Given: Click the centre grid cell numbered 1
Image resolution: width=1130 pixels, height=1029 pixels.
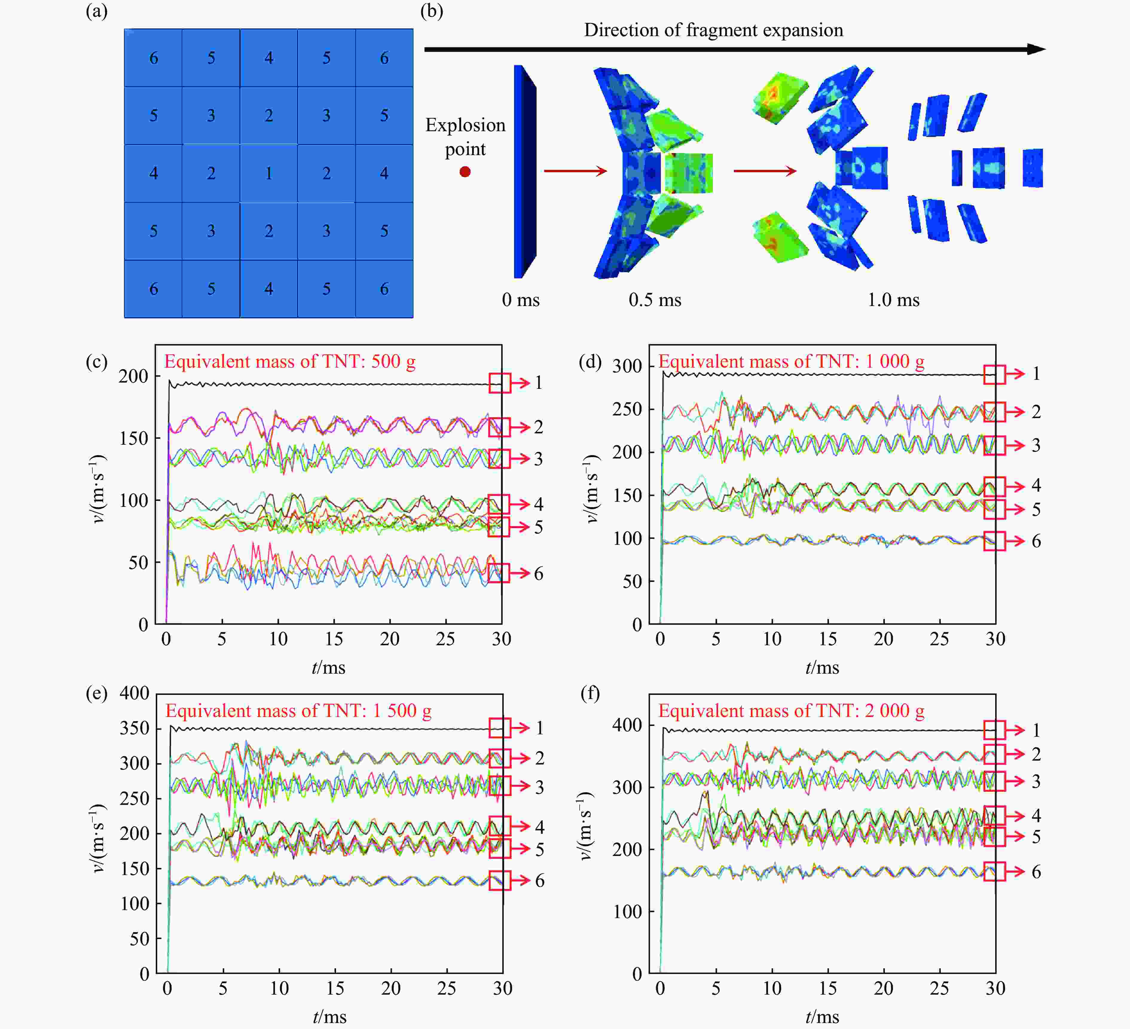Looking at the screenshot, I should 268,173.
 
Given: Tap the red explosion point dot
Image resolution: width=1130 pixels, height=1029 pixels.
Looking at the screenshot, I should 465,172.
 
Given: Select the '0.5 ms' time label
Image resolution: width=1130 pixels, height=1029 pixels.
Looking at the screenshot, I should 655,300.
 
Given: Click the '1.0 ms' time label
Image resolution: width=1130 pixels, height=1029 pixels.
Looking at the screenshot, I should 894,300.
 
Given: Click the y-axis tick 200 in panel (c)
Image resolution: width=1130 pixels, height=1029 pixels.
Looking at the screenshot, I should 133,376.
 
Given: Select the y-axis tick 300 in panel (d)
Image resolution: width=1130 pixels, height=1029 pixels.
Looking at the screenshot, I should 627,366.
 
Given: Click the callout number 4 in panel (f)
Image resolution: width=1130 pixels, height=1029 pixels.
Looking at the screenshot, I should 1036,816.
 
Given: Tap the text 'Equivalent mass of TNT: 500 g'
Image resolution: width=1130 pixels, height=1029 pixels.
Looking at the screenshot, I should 290,362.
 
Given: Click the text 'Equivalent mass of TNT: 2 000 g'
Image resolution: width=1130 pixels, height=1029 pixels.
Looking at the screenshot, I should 791,711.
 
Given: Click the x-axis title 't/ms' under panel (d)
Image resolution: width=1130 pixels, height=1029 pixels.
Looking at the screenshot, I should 822,667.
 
